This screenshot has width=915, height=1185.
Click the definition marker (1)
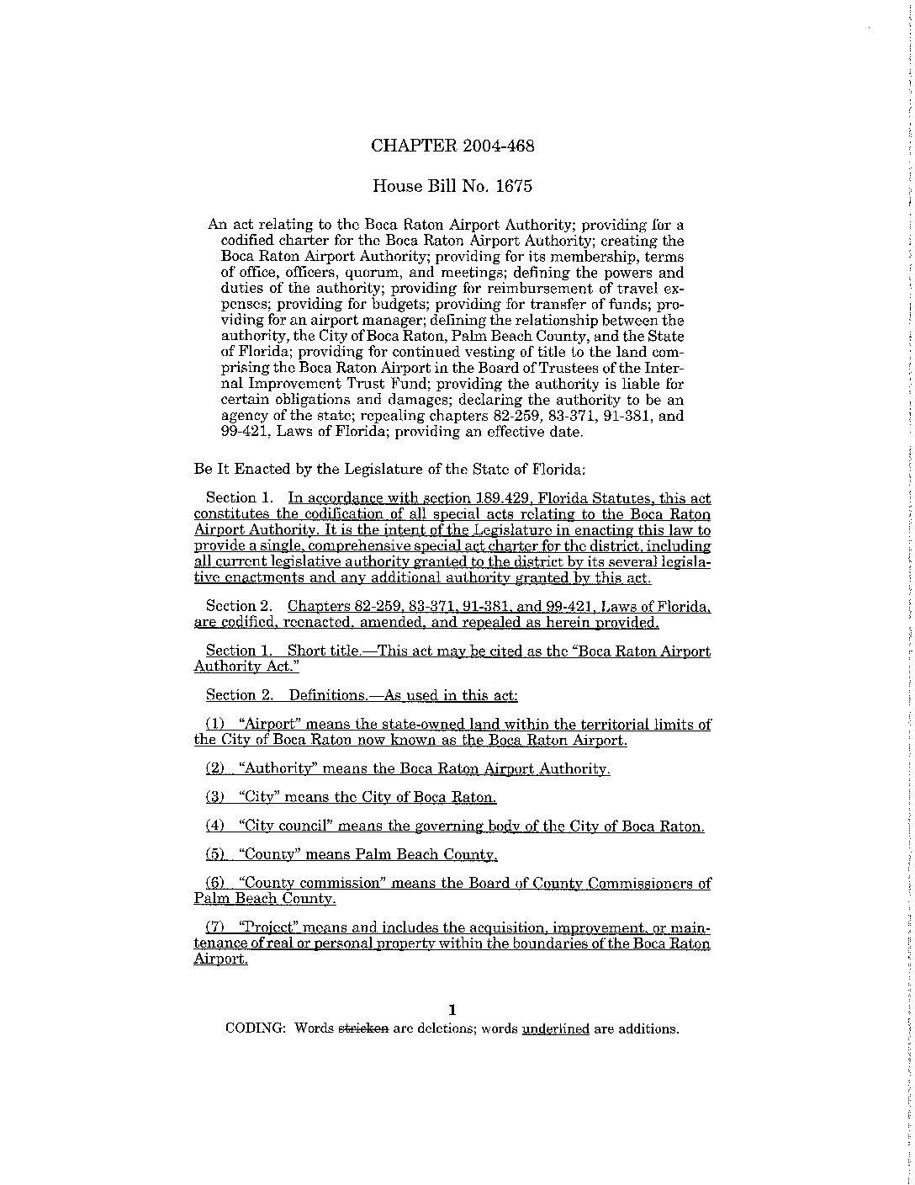click(x=216, y=725)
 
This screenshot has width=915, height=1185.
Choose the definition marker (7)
click(x=216, y=927)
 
